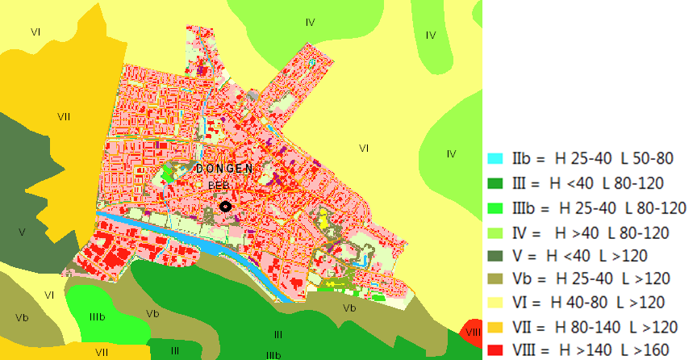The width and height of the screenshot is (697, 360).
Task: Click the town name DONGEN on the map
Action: point(223,169)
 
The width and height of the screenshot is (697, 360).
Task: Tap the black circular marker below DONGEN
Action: point(226,207)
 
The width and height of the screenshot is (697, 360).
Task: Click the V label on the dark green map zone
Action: point(22,232)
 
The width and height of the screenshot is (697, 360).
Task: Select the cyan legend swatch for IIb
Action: point(496,157)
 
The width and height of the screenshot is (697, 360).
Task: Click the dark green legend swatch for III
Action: point(496,182)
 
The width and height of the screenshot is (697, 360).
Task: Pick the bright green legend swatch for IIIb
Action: point(496,207)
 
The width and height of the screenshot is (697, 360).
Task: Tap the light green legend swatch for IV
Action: point(496,232)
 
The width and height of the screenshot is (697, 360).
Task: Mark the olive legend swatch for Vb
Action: point(496,279)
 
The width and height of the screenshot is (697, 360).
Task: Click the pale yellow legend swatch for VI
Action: point(496,303)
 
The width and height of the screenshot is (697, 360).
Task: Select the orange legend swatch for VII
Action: point(496,328)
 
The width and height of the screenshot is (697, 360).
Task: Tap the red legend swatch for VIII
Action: point(496,351)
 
